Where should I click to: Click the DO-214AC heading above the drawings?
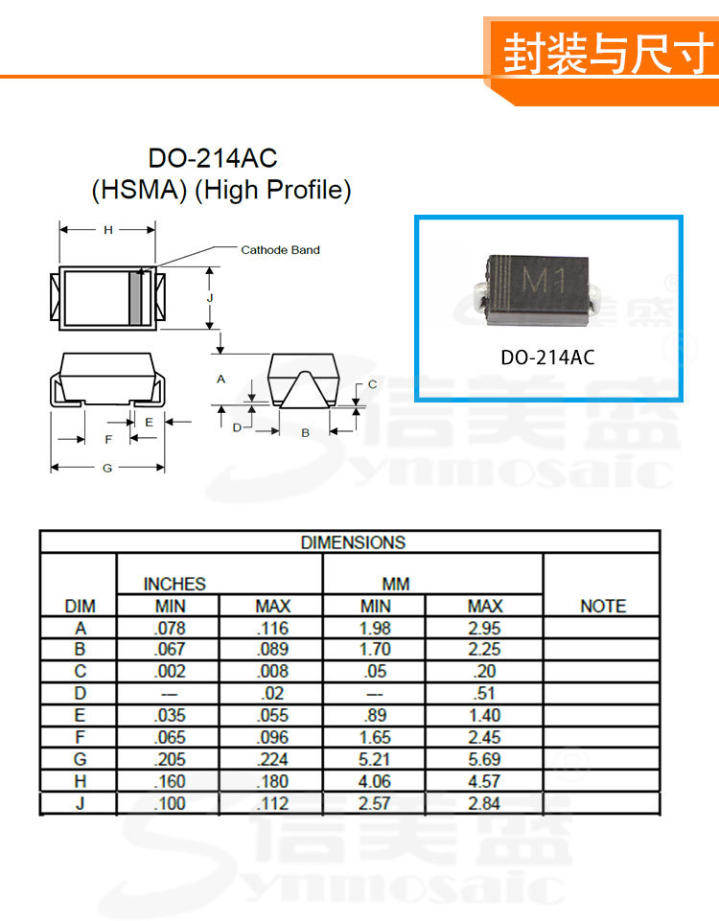(213, 158)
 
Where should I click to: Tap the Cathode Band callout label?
(280, 249)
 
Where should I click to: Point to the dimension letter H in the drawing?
(108, 230)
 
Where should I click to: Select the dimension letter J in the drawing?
(210, 298)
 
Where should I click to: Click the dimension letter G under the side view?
(107, 468)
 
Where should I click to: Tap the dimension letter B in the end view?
(306, 433)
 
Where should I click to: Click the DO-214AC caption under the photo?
(547, 357)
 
